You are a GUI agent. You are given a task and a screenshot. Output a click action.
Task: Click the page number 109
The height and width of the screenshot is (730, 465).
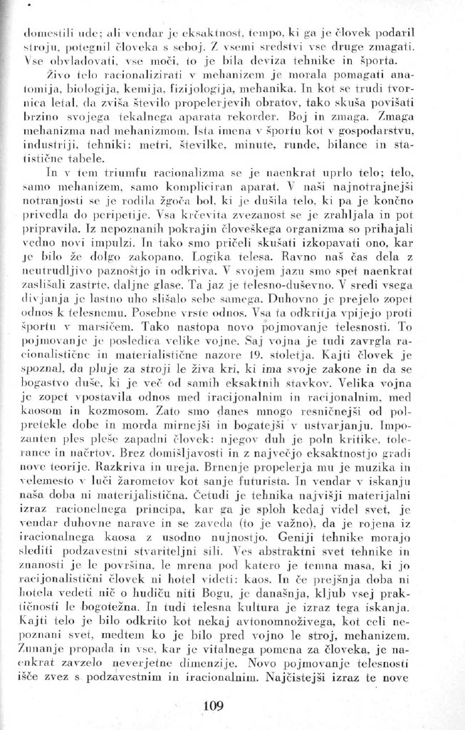214,706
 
